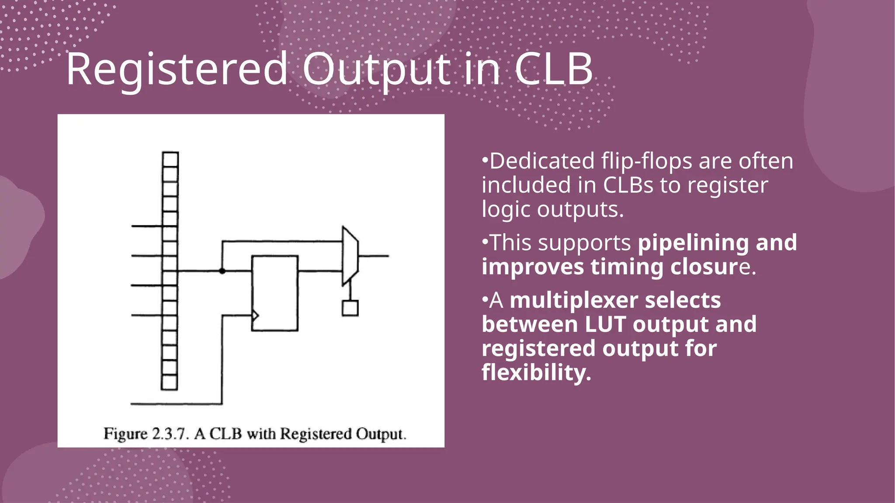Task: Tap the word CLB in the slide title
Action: pos(553,69)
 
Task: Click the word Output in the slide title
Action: pos(376,69)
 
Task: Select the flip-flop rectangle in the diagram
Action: pos(275,293)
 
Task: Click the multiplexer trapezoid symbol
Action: pos(350,256)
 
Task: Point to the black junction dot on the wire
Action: pos(222,271)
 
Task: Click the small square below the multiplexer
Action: pos(350,308)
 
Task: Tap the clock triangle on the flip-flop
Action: pos(255,315)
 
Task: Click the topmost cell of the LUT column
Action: pos(170,159)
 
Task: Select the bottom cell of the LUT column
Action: pos(170,382)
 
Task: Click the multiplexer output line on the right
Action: pos(374,256)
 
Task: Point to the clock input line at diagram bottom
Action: pos(175,404)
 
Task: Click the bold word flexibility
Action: pos(536,372)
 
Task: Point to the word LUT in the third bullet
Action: pos(605,324)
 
